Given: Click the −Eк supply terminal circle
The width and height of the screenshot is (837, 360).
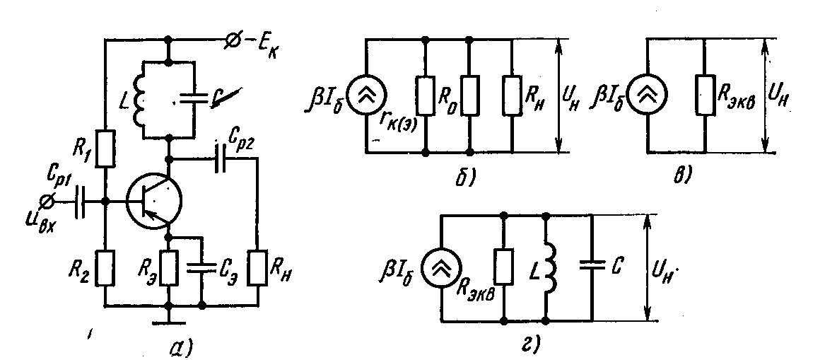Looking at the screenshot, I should (x=230, y=42).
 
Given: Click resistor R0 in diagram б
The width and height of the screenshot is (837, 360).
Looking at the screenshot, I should (x=469, y=96).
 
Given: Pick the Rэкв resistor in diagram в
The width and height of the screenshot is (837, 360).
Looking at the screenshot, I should (x=705, y=96).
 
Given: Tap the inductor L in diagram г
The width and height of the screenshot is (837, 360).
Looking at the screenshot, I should (x=548, y=267).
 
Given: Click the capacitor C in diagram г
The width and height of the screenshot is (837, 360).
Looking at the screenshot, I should (x=592, y=267).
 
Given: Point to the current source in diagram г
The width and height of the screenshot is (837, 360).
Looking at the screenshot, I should (x=441, y=267).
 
